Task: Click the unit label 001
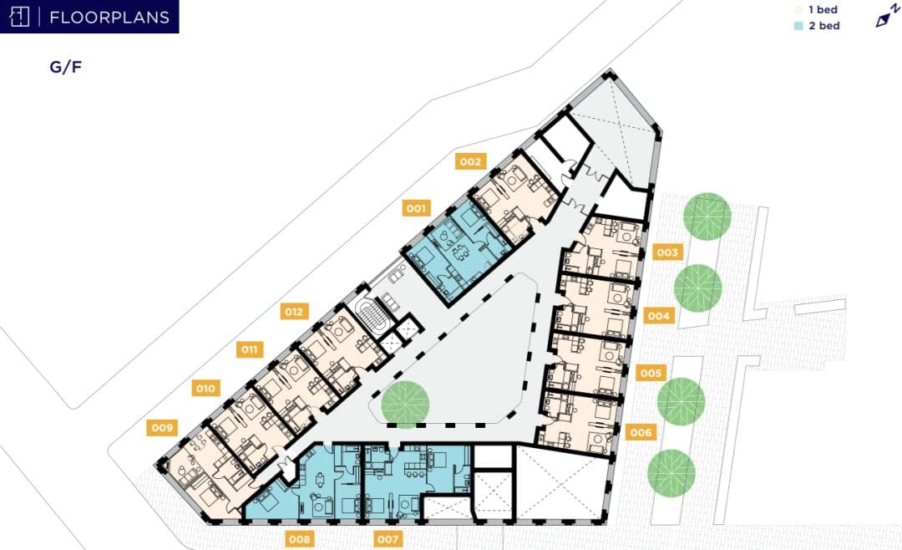pos(416,208)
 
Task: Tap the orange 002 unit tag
pos(470,161)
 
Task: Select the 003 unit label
pos(667,252)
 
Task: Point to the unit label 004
pos(659,315)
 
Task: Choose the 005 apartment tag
pos(651,373)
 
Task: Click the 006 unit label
pos(641,432)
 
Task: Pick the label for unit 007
pos(388,539)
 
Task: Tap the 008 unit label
pos(300,539)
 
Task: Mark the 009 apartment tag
pos(162,427)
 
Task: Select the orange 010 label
pos(205,388)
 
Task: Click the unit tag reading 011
pos(250,349)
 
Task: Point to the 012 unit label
pos(294,312)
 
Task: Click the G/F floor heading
pos(66,67)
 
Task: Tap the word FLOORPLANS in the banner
pos(109,18)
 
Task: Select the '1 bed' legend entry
pos(817,10)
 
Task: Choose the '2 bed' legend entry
pos(817,26)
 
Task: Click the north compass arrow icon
pos(886,16)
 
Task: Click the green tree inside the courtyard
pos(405,405)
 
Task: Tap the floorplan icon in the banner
pos(19,17)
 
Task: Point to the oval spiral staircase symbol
pos(372,317)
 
